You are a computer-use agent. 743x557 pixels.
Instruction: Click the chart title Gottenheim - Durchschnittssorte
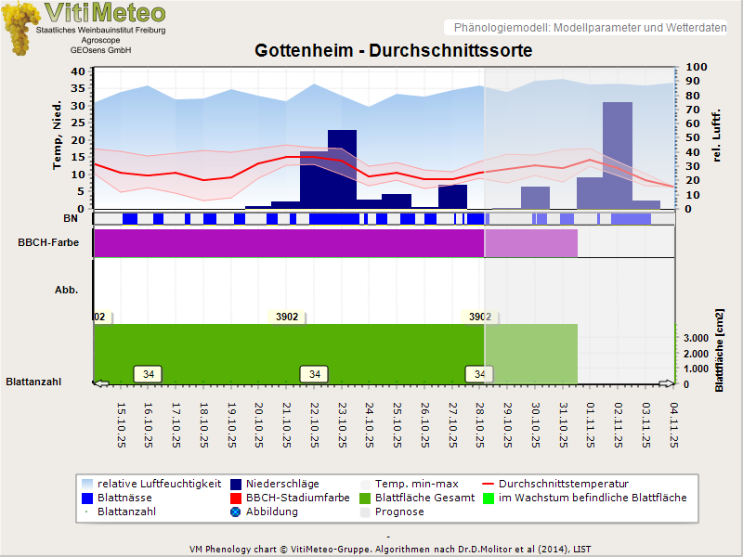[393, 50]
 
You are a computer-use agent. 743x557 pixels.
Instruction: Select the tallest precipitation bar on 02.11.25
[617, 154]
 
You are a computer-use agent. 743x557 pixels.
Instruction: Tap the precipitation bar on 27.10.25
[452, 197]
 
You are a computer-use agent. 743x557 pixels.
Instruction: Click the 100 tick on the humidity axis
[697, 67]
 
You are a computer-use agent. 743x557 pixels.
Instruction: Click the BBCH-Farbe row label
[47, 243]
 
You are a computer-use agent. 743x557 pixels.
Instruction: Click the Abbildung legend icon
[236, 512]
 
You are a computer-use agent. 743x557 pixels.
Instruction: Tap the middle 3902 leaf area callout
[287, 317]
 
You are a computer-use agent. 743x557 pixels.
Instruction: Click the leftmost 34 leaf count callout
[149, 374]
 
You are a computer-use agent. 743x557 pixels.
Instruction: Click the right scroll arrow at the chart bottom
[666, 382]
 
